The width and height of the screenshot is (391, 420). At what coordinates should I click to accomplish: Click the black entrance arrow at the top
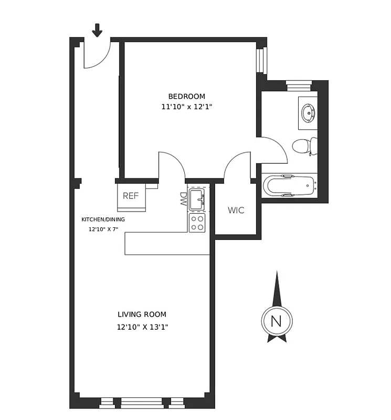click(x=97, y=30)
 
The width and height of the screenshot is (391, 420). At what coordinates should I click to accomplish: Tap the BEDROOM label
click(x=186, y=96)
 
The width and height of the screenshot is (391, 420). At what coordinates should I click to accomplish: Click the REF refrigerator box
click(x=131, y=196)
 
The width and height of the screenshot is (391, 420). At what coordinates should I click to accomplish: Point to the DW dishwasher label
click(x=183, y=198)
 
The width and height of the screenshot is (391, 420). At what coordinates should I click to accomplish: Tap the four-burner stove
click(x=197, y=223)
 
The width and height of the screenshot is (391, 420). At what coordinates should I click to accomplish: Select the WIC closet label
click(x=236, y=211)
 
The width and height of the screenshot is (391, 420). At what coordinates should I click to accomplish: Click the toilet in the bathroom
click(x=304, y=146)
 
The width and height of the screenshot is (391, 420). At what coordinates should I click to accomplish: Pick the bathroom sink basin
click(x=307, y=112)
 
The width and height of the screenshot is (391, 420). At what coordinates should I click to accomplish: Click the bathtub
click(x=288, y=186)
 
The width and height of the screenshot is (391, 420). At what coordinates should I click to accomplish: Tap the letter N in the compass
click(x=277, y=321)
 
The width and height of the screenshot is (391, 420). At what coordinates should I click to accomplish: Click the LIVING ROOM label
click(x=142, y=314)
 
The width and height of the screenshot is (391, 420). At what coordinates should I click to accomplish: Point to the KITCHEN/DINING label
click(x=103, y=219)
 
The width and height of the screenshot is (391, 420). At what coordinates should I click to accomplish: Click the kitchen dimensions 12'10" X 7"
click(x=103, y=229)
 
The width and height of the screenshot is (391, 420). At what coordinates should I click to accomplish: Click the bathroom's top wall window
click(x=299, y=82)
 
